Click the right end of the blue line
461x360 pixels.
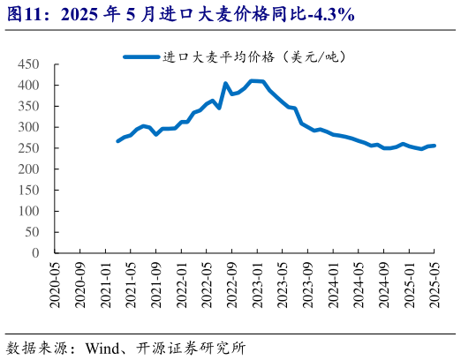pos(434,146)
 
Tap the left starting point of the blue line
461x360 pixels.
pos(118,141)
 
